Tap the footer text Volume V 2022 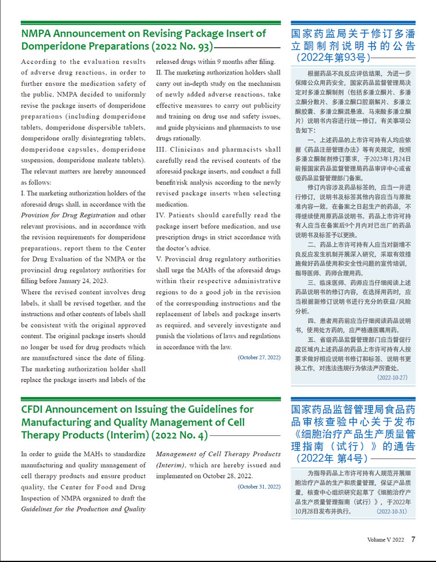(385, 540)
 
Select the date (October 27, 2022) (259, 357)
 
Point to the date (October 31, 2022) (259, 486)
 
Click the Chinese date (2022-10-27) (392, 377)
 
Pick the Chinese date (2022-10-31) (392, 511)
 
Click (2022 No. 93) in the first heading (178, 46)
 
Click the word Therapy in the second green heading (46, 435)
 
